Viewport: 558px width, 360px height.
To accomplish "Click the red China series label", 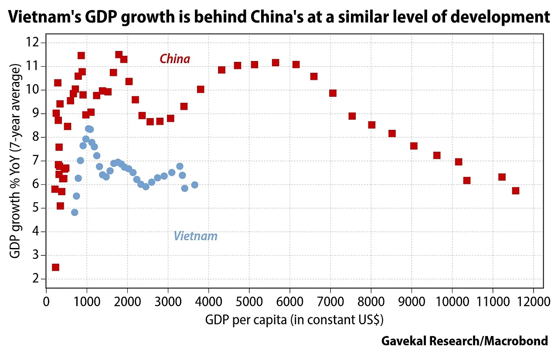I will point(175,59).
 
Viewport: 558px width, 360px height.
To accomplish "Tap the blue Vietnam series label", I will point(195,236).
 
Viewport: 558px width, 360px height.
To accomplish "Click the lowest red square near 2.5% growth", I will point(55,267).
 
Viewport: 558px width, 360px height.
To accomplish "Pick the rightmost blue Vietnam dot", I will point(194,185).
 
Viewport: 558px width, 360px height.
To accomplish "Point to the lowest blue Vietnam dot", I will point(75,212).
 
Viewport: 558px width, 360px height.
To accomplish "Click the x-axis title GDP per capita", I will point(294,320).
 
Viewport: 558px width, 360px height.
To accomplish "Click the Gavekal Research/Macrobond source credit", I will point(464,340).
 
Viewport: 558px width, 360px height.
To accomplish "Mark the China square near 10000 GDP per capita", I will point(459,162).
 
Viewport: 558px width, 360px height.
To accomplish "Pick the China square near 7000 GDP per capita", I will point(333,93).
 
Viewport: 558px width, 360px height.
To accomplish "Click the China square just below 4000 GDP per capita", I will point(201,89).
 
